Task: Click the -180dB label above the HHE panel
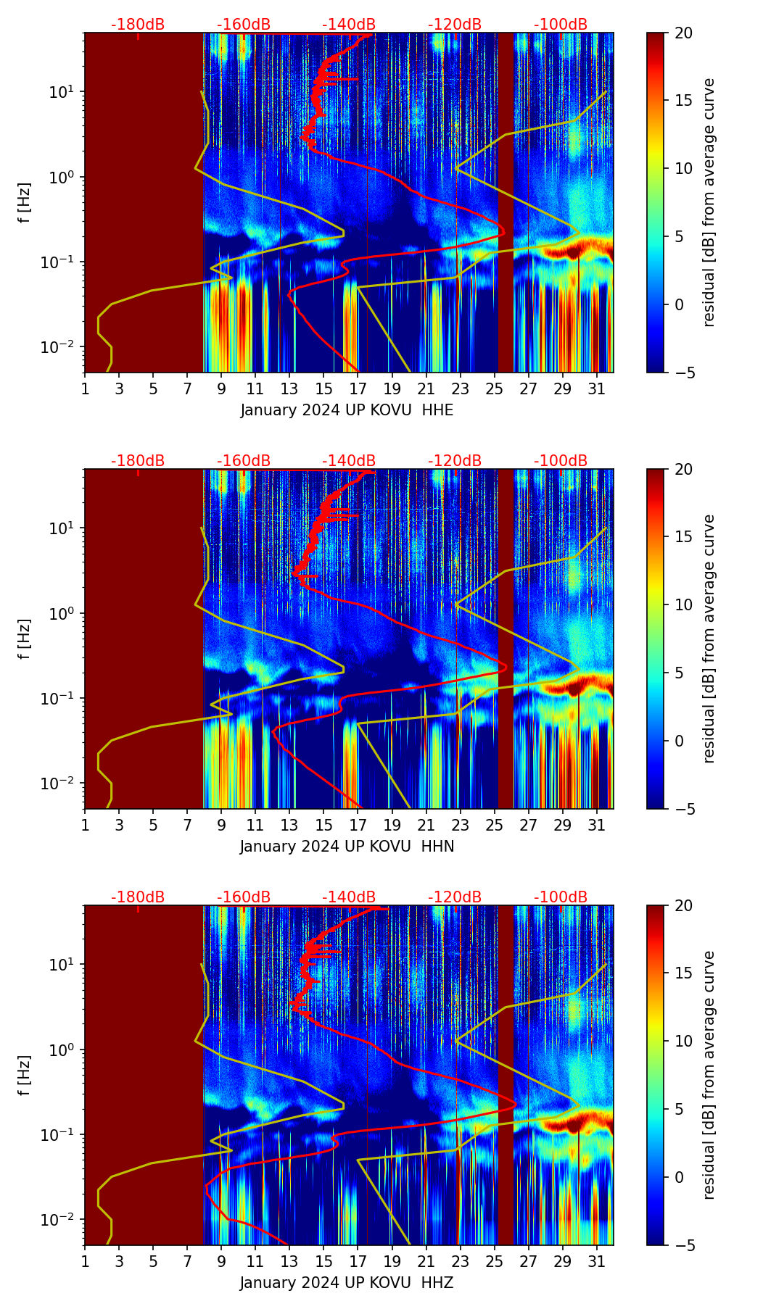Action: click(x=138, y=25)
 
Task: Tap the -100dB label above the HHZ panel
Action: click(x=561, y=897)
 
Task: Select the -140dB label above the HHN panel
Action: click(x=349, y=461)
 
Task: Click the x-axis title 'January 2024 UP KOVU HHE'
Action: click(x=347, y=410)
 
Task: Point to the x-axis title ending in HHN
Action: click(x=347, y=847)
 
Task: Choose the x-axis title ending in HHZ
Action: click(x=347, y=1283)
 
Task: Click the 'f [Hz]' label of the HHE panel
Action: click(x=25, y=203)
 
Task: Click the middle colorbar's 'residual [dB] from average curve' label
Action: click(x=709, y=639)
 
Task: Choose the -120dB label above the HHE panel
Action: click(x=455, y=25)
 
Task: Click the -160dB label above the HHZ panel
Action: click(x=244, y=897)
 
